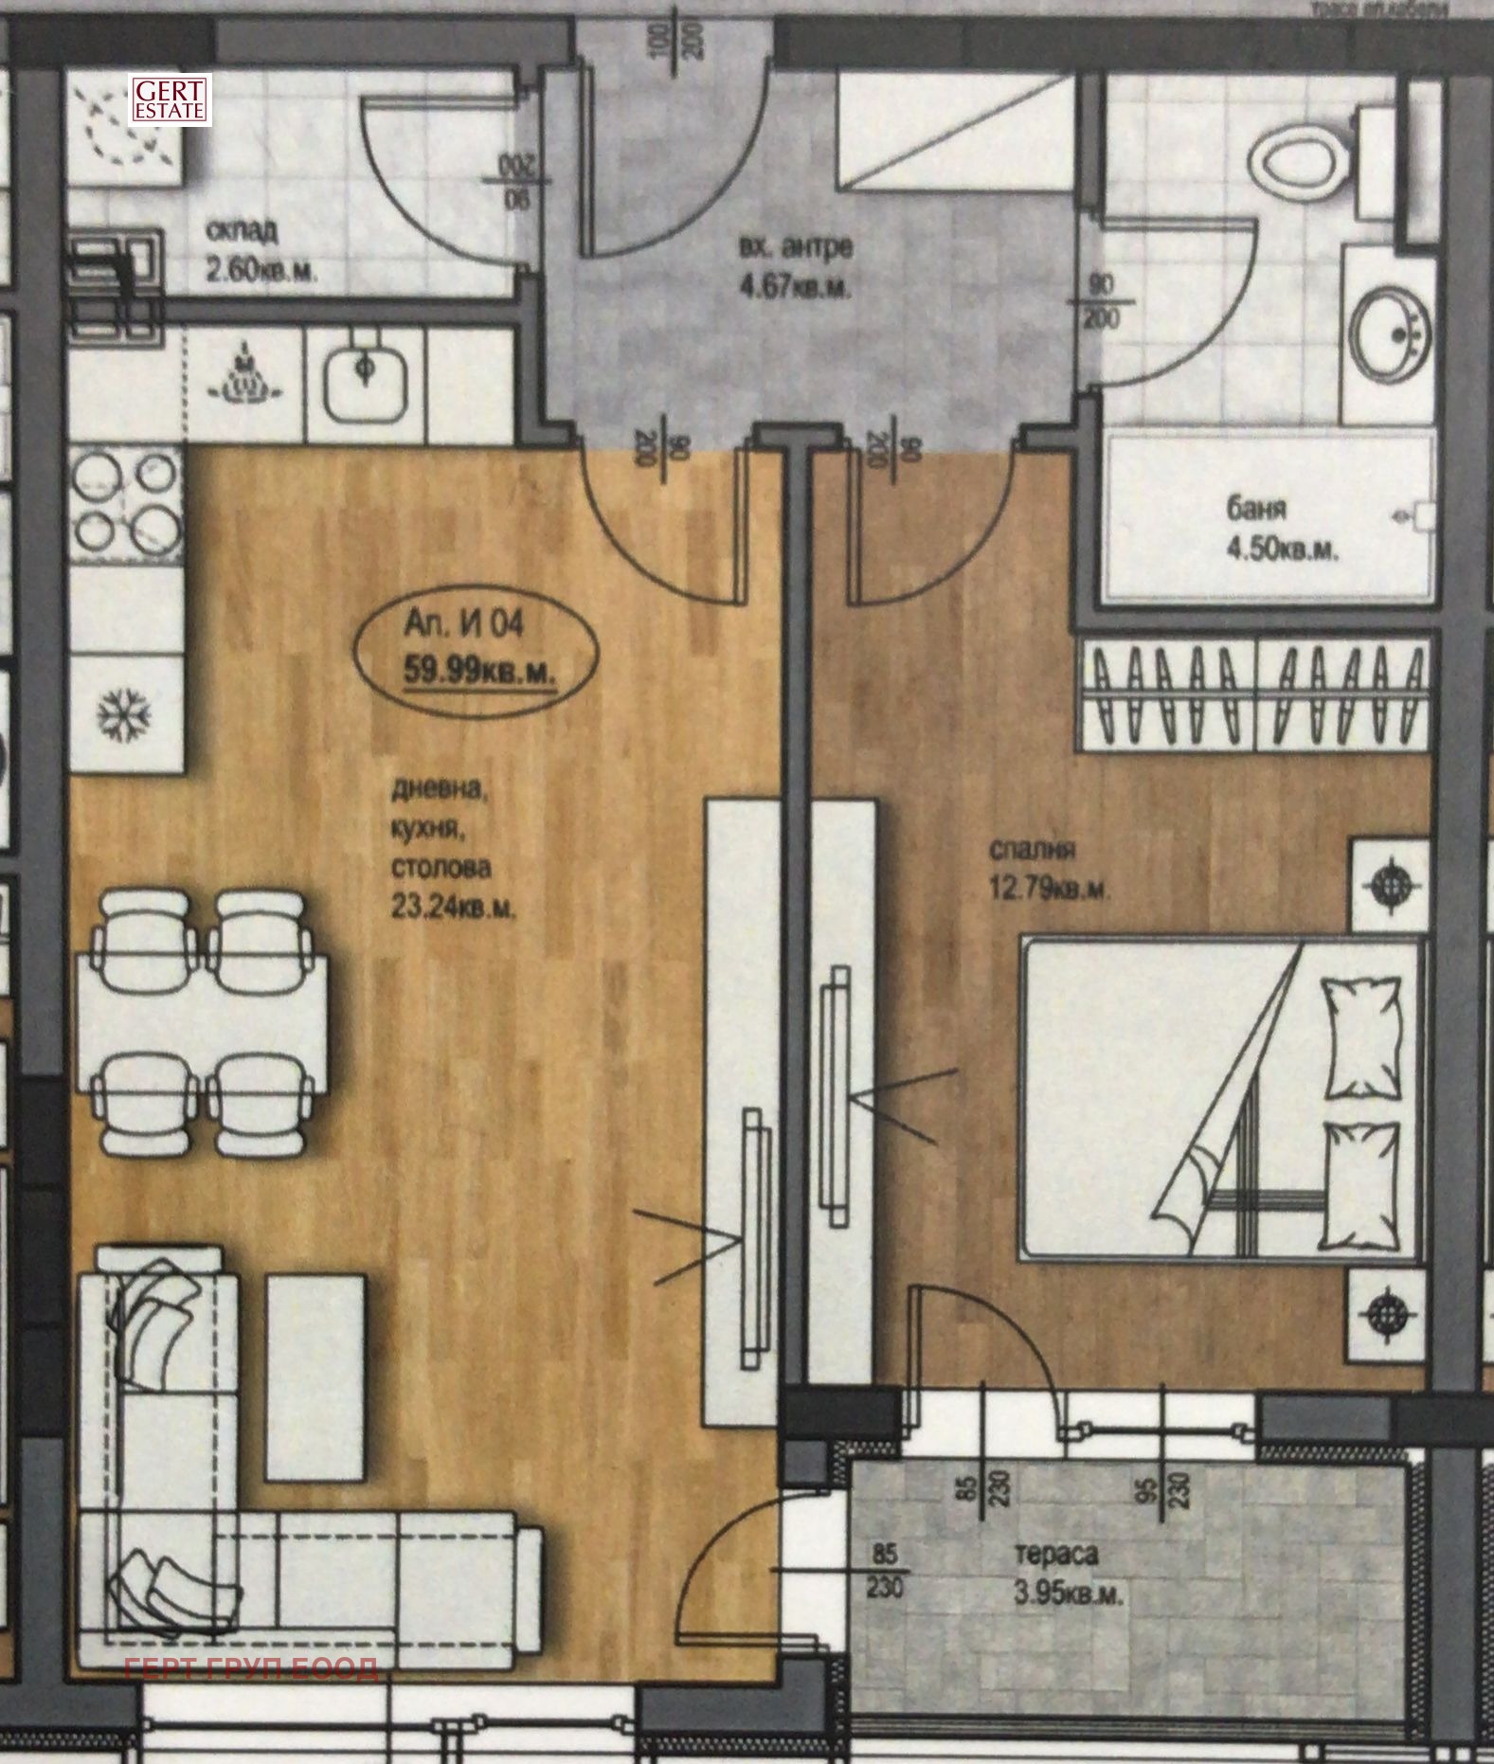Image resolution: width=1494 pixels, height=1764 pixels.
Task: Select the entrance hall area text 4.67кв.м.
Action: pos(794,286)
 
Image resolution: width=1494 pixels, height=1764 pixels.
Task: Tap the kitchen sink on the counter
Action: pos(367,384)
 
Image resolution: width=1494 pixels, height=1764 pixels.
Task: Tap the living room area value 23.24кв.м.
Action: pos(453,907)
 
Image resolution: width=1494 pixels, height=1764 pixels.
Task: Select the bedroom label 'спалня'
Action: pos(1031,850)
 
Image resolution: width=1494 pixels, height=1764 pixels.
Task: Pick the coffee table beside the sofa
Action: pos(315,1377)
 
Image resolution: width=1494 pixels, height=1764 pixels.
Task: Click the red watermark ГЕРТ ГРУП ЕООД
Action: pos(251,1668)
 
